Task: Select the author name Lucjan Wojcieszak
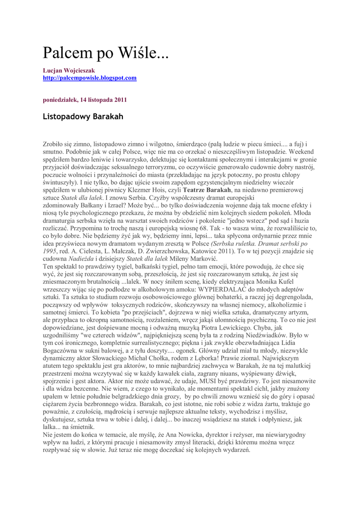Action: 69,71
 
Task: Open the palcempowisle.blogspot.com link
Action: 90,78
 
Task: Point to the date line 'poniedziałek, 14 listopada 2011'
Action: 85,99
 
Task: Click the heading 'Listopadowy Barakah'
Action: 83,117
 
